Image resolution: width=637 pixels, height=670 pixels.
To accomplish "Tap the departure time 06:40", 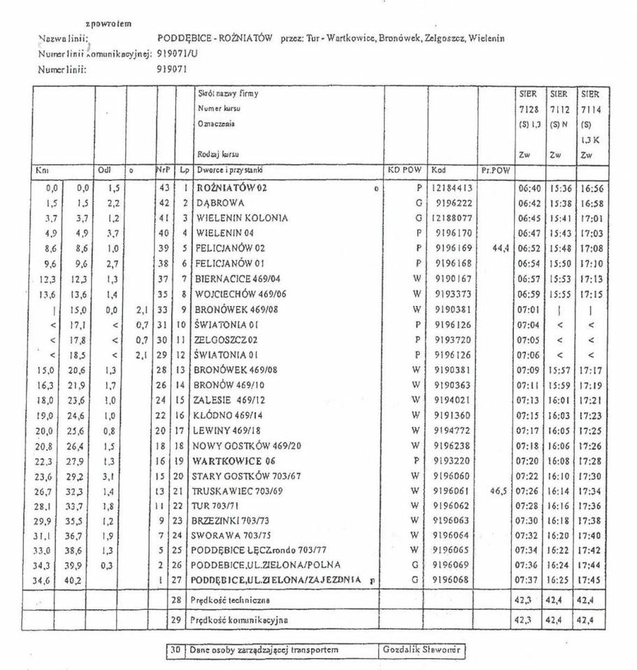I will pyautogui.click(x=529, y=188).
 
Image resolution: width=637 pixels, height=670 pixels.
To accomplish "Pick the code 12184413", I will pyautogui.click(x=452, y=188).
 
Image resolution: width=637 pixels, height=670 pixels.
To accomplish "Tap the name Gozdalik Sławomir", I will pyautogui.click(x=422, y=650).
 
